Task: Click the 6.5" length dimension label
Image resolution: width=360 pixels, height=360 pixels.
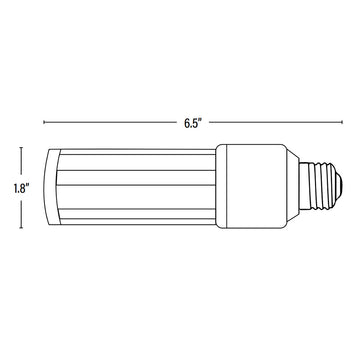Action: coord(193,123)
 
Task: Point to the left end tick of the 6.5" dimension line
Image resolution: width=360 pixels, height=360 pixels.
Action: coord(44,122)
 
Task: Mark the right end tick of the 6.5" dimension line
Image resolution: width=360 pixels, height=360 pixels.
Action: coord(342,122)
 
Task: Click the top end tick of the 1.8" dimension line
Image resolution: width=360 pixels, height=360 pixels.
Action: coord(21,148)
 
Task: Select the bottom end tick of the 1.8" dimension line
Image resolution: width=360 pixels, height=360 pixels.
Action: coord(21,228)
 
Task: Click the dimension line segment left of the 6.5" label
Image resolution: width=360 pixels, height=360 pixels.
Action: coord(110,122)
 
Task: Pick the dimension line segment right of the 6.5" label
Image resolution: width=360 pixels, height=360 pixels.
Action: coord(276,122)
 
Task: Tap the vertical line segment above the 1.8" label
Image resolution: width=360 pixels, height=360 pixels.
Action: coord(21,161)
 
